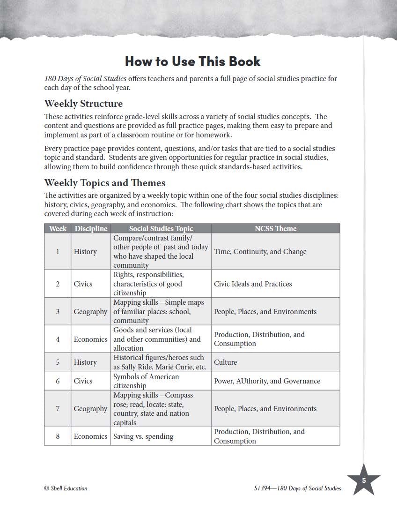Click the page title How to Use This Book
(192, 61)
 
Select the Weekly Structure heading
(83, 104)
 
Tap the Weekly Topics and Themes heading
(104, 182)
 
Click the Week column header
(58, 228)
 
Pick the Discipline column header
(91, 228)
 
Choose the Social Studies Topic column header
(161, 228)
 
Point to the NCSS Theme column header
(275, 228)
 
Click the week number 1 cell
(58, 252)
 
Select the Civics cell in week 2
(83, 284)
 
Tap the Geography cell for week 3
(90, 312)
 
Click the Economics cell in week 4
(90, 339)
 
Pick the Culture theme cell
(225, 362)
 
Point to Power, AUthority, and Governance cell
(267, 381)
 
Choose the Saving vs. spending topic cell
(143, 436)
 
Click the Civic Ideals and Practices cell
(253, 284)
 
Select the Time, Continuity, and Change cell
(260, 252)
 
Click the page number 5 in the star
(364, 481)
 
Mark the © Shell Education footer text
(66, 488)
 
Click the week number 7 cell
(58, 409)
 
